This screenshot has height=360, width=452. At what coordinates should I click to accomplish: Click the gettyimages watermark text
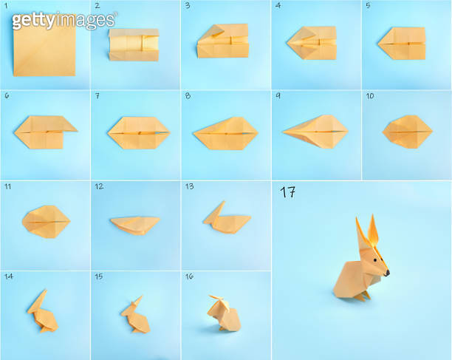[64, 20]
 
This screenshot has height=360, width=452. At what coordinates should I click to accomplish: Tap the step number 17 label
[288, 192]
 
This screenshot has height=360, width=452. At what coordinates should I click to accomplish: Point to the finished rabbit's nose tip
[387, 272]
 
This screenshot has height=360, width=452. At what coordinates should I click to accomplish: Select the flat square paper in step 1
[44, 47]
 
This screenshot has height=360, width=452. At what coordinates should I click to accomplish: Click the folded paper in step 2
[134, 46]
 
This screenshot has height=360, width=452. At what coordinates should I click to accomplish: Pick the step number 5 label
[367, 5]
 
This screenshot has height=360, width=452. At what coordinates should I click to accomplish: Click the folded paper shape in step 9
[315, 130]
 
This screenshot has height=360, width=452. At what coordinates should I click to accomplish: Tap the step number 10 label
[369, 96]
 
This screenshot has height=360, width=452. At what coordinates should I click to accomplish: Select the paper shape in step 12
[134, 223]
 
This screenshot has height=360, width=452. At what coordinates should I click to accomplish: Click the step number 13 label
[189, 186]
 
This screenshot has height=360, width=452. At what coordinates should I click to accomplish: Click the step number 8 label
[188, 96]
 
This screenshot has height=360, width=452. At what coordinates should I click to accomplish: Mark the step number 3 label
[188, 5]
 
